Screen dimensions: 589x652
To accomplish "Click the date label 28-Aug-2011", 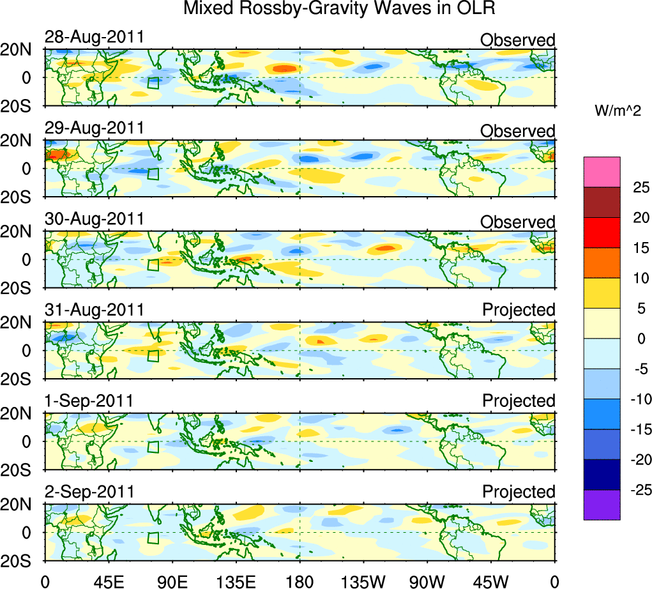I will (94, 38).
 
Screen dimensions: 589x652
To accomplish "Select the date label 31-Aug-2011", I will (94, 310).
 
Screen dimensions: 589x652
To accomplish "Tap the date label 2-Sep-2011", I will (89, 492).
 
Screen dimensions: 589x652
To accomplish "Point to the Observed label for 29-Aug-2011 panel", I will (517, 131).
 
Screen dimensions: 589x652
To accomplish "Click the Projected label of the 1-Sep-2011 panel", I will (519, 401).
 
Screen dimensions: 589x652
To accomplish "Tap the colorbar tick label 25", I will (640, 187).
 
